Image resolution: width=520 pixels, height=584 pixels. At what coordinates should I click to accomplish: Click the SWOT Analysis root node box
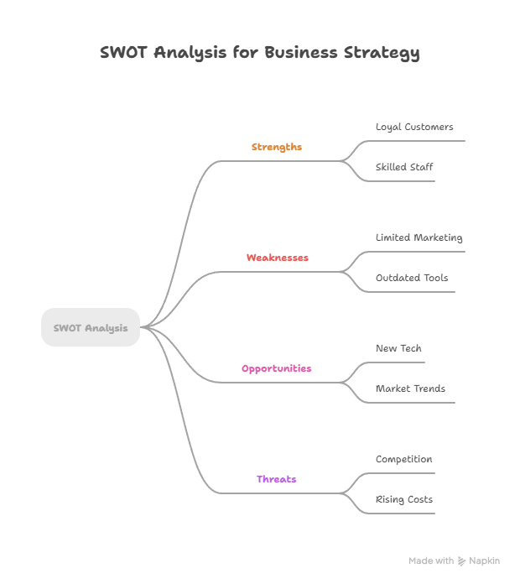tap(91, 327)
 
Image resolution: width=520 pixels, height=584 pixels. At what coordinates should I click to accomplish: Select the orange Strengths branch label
tap(277, 147)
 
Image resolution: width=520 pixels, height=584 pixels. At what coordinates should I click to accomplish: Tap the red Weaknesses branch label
tap(277, 258)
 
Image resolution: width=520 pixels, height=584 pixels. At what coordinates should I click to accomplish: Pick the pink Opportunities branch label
tap(277, 368)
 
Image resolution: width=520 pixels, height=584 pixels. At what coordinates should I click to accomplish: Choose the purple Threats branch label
tap(277, 479)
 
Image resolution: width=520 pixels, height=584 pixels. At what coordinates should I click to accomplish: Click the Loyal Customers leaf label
tap(414, 127)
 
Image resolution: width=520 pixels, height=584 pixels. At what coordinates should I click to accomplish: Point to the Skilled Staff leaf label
tap(404, 167)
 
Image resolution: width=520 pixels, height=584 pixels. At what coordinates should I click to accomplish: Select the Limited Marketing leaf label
tap(419, 237)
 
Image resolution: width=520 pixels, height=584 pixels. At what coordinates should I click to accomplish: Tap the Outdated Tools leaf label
tap(412, 278)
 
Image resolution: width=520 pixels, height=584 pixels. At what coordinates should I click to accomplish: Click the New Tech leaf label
tap(398, 348)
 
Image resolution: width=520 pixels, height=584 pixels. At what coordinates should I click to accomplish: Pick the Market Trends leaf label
tap(410, 388)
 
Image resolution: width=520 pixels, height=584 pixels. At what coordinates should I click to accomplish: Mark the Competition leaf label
tap(403, 459)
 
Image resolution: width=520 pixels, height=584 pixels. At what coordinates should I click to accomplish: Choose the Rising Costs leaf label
tap(404, 499)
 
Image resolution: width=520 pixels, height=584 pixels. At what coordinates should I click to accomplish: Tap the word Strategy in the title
tap(382, 53)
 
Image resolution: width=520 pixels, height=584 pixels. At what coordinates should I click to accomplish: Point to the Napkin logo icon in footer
tap(461, 561)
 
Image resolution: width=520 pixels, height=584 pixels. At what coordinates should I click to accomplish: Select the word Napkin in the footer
tap(484, 561)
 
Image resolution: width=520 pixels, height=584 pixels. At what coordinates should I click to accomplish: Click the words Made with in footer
tap(431, 561)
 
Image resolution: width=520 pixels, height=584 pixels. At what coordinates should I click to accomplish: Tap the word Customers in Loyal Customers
tap(429, 127)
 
